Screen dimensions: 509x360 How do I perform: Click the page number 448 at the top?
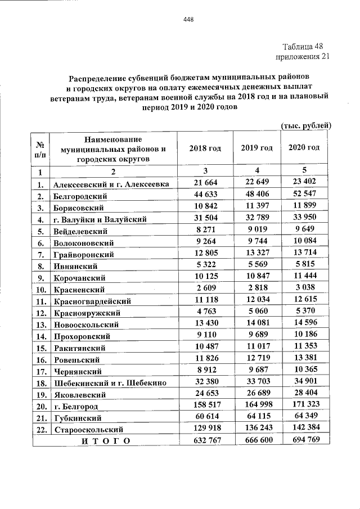click(x=188, y=20)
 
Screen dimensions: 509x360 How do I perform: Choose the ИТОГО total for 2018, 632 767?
click(x=205, y=440)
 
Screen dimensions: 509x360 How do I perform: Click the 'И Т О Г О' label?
click(x=105, y=440)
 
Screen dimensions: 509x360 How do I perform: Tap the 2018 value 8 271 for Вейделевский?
click(x=205, y=230)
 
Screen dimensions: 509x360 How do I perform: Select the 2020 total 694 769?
click(x=304, y=440)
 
